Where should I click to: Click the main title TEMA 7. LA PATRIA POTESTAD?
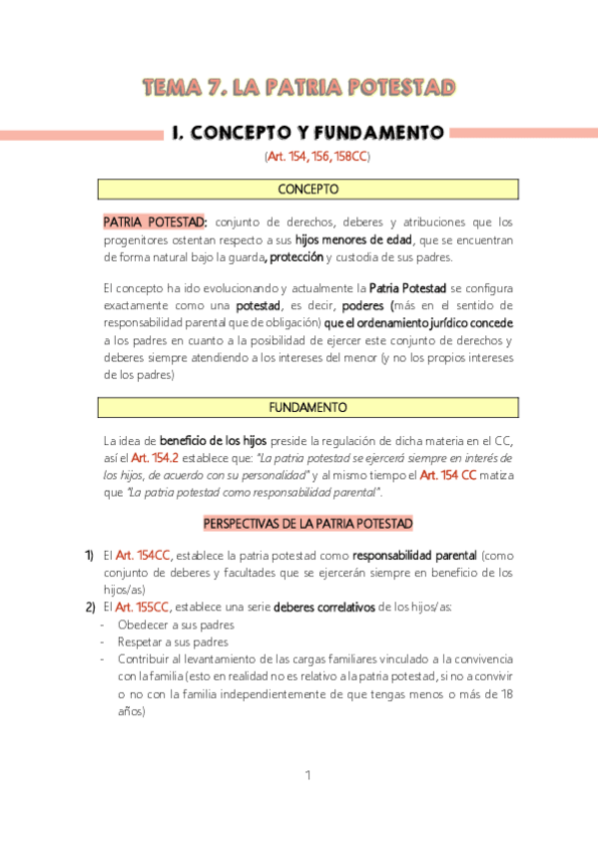click(x=299, y=88)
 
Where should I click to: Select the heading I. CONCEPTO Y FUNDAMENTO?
click(x=306, y=133)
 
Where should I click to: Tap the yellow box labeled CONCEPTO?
click(x=307, y=189)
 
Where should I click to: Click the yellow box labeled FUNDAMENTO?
click(x=307, y=407)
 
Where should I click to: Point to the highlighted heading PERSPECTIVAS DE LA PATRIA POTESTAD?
click(x=307, y=523)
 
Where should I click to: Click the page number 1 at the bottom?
click(x=308, y=776)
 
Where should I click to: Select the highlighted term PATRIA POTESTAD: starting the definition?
click(x=155, y=221)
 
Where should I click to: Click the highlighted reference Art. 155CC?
click(x=143, y=607)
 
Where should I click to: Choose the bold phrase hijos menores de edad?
click(x=353, y=239)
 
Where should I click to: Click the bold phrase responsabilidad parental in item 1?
click(x=414, y=555)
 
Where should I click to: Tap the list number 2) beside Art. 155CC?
click(x=90, y=607)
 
